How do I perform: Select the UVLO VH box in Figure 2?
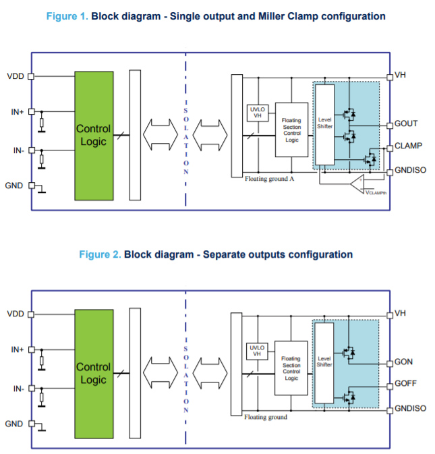(x=256, y=351)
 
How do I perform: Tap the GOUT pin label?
(x=406, y=123)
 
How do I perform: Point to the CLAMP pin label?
(x=409, y=145)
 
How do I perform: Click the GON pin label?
(x=403, y=362)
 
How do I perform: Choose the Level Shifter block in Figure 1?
(x=324, y=125)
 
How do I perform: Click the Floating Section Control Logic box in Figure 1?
(x=291, y=130)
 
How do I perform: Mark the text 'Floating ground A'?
(x=268, y=179)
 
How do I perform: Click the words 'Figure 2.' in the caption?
(x=100, y=254)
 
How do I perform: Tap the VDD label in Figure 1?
(x=16, y=76)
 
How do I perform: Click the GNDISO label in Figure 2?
(x=410, y=409)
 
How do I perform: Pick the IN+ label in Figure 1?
(x=18, y=111)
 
